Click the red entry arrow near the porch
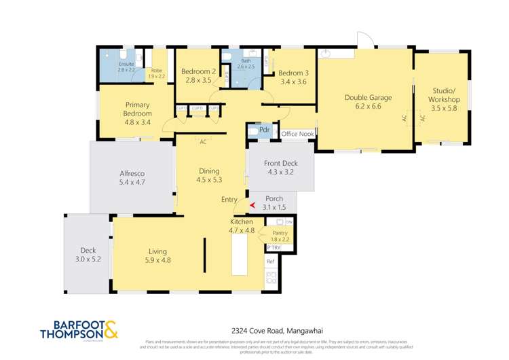[x=252, y=205]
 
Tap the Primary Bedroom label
[x=137, y=113]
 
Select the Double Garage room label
[x=363, y=101]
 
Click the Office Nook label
[x=298, y=134]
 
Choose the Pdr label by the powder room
[x=265, y=129]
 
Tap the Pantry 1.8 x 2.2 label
[x=280, y=236]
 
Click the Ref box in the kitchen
[x=269, y=262]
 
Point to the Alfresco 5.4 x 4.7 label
[x=132, y=178]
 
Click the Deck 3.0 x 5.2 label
[x=88, y=254]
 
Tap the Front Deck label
[x=280, y=168]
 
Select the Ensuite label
[x=127, y=67]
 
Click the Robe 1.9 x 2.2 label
[x=156, y=73]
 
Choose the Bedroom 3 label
[x=293, y=77]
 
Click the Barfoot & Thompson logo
[x=79, y=329]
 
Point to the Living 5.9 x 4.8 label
[x=157, y=255]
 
